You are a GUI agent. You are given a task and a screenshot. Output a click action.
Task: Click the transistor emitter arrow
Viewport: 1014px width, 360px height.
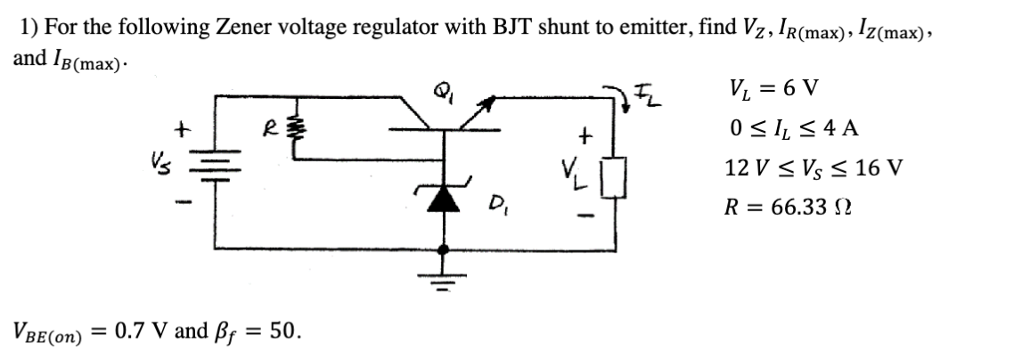(487, 109)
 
